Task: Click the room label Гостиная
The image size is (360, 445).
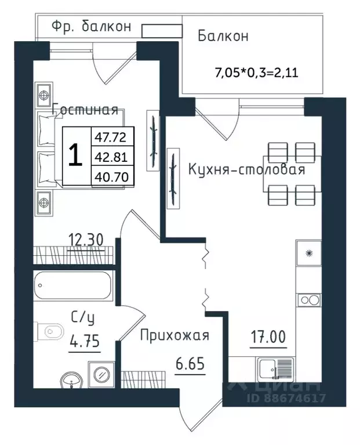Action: pos(85,110)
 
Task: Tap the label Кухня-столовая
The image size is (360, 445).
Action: pos(246,169)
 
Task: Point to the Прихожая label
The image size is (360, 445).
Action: pos(174,336)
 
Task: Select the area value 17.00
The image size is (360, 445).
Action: pos(268,337)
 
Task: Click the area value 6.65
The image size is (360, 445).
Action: pos(190,364)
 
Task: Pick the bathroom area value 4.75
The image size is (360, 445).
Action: pos(85,341)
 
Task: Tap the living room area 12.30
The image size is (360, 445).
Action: pos(86,240)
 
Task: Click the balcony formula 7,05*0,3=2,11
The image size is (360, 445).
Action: pos(257,73)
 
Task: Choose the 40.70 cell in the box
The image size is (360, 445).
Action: pos(111,177)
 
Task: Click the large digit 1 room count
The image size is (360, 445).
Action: pos(76,155)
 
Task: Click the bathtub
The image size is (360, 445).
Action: pos(72,285)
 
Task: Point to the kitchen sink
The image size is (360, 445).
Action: pos(275,368)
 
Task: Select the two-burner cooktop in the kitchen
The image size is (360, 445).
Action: pos(309,301)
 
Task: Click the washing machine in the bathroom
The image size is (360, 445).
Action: pos(101,374)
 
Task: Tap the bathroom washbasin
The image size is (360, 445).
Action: pos(71,380)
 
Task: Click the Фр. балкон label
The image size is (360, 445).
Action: pos(92,26)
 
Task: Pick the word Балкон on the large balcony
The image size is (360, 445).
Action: pos(223,37)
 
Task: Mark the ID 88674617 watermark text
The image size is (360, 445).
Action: pos(286,398)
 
